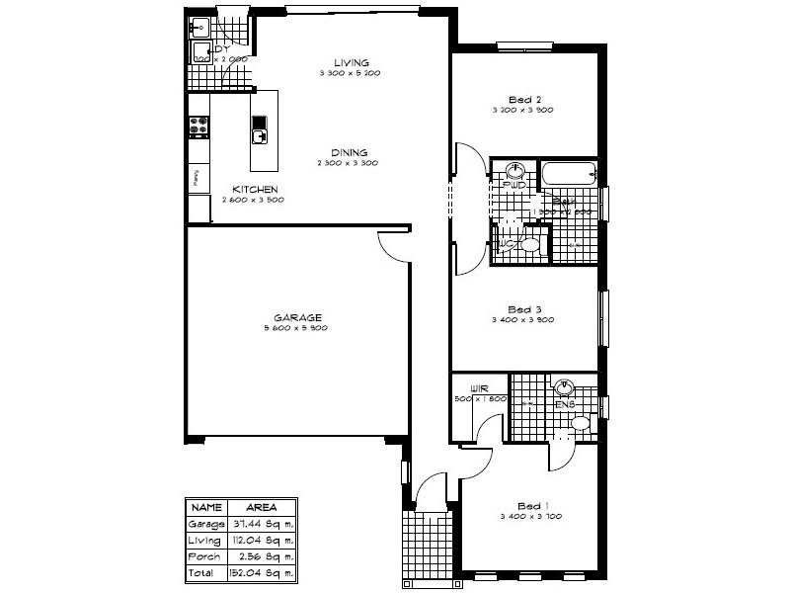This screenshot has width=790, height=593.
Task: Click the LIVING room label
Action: tap(351, 61)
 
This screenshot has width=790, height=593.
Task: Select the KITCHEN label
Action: tap(254, 189)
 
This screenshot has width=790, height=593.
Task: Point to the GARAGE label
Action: tap(296, 316)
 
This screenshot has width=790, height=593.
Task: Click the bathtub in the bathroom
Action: tap(569, 175)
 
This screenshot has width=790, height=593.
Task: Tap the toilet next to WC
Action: tap(529, 244)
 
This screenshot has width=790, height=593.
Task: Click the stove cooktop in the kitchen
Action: tap(197, 126)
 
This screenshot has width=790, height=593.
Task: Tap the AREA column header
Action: tap(262, 506)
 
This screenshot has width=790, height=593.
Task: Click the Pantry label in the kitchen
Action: tap(196, 179)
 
